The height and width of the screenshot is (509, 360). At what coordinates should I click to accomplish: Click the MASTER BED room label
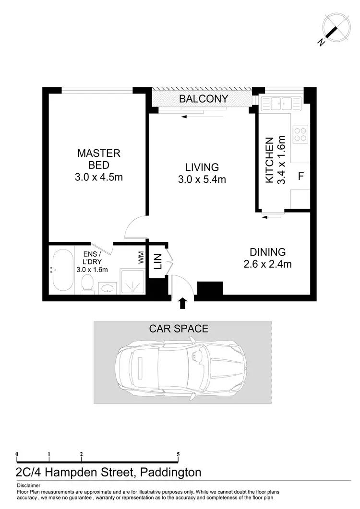pos(99,154)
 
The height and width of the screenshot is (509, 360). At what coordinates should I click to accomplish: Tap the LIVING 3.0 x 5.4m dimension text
pos(202,180)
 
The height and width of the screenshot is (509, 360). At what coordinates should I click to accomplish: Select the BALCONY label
pos(203,99)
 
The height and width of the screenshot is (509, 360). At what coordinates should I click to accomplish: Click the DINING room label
pos(267,252)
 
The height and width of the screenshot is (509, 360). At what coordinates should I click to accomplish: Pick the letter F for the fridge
pos(301,176)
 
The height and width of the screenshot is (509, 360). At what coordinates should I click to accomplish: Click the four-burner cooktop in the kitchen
pos(300,133)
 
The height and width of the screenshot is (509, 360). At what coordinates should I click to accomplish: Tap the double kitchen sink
pos(281,102)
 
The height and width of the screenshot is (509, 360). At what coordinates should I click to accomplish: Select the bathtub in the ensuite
pos(62,270)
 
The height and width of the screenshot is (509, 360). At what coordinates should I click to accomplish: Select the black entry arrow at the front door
pos(182,303)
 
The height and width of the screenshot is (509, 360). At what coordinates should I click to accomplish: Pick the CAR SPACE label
pos(179,329)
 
